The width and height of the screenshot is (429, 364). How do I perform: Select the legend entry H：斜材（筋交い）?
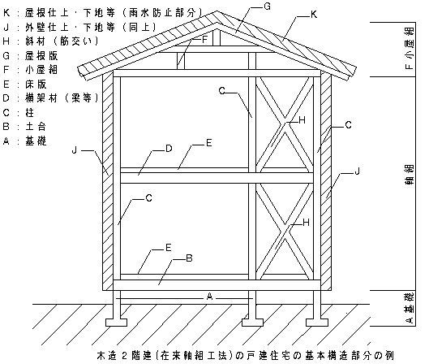coord(51,41)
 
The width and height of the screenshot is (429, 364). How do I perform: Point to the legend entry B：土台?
coord(24,127)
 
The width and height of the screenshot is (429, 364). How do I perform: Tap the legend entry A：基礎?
coord(24,141)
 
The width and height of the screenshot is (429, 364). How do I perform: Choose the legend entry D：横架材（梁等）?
coord(51,98)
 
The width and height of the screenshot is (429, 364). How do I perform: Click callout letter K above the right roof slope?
coord(314,15)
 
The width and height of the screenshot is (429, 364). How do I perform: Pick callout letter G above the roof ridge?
coord(267,6)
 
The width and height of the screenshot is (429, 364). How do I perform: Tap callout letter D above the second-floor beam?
coord(169,149)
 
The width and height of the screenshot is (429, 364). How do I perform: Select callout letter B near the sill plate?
coord(189,258)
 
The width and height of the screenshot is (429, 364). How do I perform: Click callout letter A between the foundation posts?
coord(209,297)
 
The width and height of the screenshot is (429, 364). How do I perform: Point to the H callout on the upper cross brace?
coord(302,119)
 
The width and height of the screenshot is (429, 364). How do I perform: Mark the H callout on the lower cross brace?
coord(306,223)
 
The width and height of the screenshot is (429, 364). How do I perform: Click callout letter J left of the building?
coord(75,150)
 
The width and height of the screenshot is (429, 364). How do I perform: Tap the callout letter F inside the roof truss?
coord(204,40)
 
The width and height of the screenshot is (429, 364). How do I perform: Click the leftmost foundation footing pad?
coord(116,323)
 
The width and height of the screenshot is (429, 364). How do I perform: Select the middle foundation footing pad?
coord(252,323)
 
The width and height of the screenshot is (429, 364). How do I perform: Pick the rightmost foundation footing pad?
coord(317,323)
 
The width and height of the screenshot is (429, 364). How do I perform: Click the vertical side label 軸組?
coord(410,175)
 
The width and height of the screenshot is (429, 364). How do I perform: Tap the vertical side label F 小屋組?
coord(410,49)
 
